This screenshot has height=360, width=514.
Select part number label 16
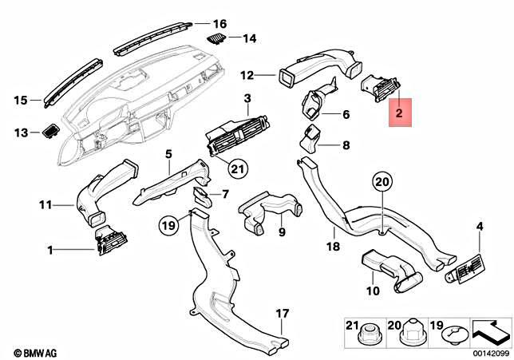[220, 23]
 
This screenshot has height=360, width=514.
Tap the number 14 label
[249, 38]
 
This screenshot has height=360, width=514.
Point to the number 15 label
[20, 100]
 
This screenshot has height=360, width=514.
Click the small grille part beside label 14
[215, 37]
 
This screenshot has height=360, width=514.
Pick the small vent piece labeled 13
[52, 130]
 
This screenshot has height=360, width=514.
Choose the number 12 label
[247, 75]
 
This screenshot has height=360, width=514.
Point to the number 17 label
[280, 312]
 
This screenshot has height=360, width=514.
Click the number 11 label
[47, 205]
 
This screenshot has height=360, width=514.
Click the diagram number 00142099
[489, 351]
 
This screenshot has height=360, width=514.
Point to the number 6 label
[346, 115]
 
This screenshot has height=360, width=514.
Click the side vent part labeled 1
[108, 243]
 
